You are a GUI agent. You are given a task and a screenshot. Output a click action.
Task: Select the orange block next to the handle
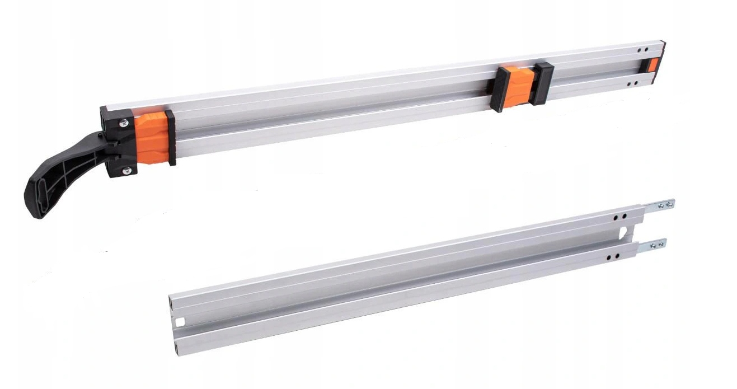(x=153, y=139)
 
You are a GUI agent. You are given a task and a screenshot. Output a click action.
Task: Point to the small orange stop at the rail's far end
(x=652, y=64)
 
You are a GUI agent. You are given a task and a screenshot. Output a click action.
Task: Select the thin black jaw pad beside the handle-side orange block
(x=170, y=138)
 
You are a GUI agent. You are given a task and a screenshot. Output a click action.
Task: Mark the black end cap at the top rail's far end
(x=662, y=56)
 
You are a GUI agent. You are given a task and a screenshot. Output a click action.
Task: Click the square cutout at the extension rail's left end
(x=180, y=322)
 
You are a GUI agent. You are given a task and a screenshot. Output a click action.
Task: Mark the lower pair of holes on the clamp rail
(x=632, y=84)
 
